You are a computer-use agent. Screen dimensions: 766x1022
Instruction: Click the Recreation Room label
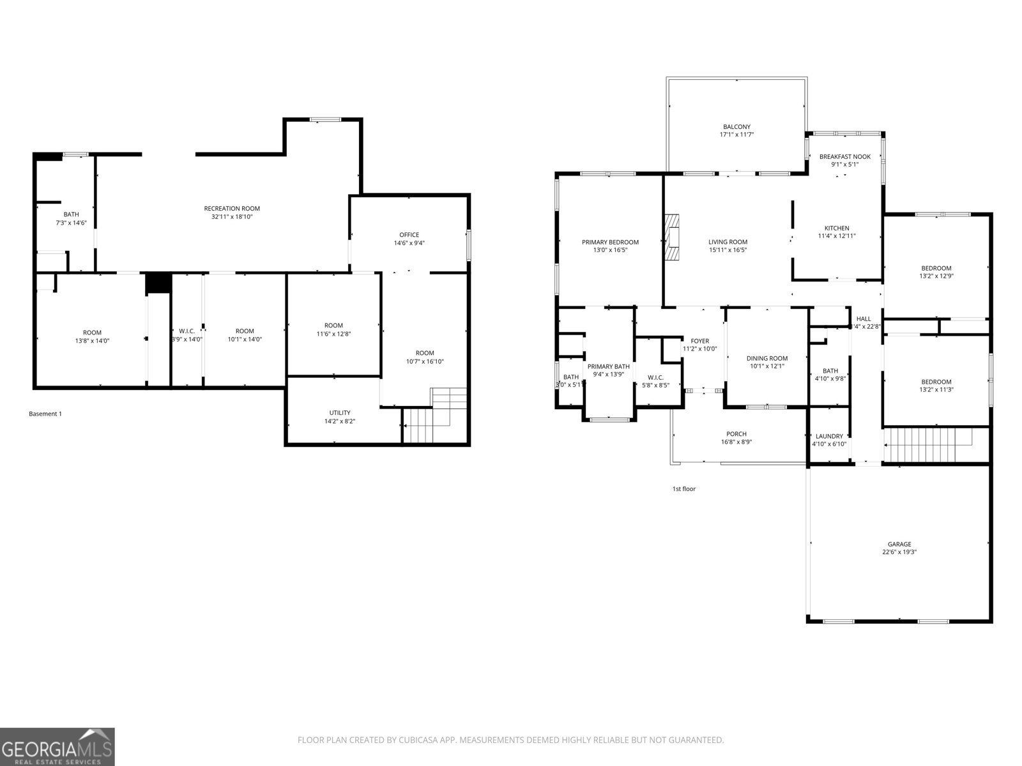pyautogui.click(x=232, y=209)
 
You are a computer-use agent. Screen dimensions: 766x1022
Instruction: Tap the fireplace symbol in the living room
pyautogui.click(x=672, y=238)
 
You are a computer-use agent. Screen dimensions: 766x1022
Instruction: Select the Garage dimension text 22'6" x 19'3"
pyautogui.click(x=899, y=552)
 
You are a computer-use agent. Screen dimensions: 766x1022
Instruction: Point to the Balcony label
pyautogui.click(x=736, y=127)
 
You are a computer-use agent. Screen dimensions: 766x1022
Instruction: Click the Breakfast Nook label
pyautogui.click(x=844, y=156)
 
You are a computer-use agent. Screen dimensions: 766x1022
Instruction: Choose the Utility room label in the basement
pyautogui.click(x=339, y=413)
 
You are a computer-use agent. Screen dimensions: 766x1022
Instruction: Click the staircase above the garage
pyautogui.click(x=926, y=444)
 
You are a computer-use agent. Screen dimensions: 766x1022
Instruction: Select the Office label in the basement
pyautogui.click(x=409, y=235)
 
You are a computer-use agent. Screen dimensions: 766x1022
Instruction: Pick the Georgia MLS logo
pyautogui.click(x=57, y=746)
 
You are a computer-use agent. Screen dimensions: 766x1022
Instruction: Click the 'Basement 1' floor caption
pyautogui.click(x=45, y=414)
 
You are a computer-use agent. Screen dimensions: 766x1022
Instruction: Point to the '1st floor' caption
pyautogui.click(x=683, y=489)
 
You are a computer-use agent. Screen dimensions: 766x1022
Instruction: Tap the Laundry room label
pyautogui.click(x=829, y=437)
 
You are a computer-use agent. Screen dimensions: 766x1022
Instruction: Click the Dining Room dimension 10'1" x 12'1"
pyautogui.click(x=767, y=366)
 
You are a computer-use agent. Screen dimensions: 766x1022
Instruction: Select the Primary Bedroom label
pyautogui.click(x=610, y=242)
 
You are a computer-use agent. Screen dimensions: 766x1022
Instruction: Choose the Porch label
pyautogui.click(x=736, y=434)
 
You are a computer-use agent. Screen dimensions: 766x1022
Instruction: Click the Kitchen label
pyautogui.click(x=837, y=228)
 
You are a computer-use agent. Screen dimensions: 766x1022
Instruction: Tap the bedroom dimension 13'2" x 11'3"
pyautogui.click(x=936, y=389)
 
